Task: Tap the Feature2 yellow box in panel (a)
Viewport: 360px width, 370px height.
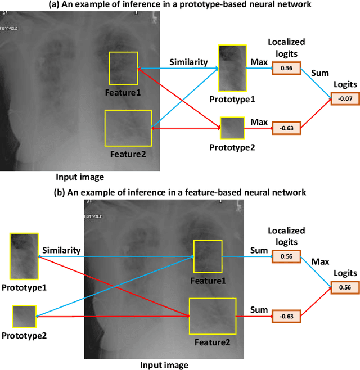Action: (x=128, y=129)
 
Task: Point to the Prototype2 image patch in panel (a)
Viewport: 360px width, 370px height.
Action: (x=232, y=128)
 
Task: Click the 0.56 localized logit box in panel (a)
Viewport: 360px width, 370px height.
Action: (x=286, y=68)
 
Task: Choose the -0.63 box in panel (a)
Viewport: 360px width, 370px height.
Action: (x=286, y=128)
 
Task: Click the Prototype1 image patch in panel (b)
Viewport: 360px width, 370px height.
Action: (x=24, y=256)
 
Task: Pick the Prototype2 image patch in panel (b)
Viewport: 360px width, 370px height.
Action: (x=24, y=316)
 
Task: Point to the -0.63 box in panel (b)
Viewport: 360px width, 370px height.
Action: (x=286, y=316)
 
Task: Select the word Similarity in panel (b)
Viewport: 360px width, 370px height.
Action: (x=61, y=250)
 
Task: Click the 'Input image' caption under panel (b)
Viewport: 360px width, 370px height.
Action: (x=164, y=364)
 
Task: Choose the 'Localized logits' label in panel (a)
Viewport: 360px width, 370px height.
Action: (x=286, y=47)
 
